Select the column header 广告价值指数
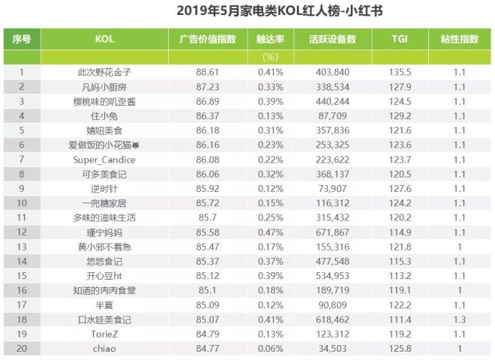pos(203,38)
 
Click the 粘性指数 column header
pos(459,38)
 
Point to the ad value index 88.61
pos(203,72)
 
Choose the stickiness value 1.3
pos(459,319)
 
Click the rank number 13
pos(22,247)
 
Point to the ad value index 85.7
pos(203,217)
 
